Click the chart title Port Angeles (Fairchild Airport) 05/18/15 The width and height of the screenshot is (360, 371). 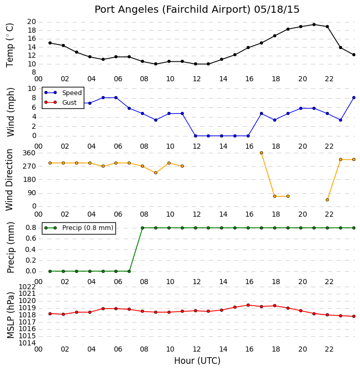[x=197, y=10]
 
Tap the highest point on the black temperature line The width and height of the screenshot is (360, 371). [x=314, y=25]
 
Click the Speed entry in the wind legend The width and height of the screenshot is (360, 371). [x=72, y=93]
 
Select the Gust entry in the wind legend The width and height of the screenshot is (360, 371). [x=69, y=102]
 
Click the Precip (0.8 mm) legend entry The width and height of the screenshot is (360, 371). [x=88, y=228]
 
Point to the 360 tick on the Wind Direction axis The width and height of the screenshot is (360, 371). [x=29, y=153]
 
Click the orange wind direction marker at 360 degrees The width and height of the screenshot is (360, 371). [x=261, y=153]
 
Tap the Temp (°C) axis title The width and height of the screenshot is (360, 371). [x=10, y=45]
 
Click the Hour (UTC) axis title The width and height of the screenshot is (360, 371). [x=197, y=361]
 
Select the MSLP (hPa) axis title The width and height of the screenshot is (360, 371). [x=11, y=315]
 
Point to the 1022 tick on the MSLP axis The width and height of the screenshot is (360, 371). [x=27, y=287]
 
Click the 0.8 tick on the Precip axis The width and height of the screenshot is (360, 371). [x=31, y=228]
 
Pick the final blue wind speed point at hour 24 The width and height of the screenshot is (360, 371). [x=354, y=98]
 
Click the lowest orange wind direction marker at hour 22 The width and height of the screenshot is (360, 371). [x=327, y=200]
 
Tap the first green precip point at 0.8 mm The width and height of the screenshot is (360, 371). [x=142, y=228]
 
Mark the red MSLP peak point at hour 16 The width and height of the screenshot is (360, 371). [x=248, y=305]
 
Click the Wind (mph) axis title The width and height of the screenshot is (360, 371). [x=11, y=112]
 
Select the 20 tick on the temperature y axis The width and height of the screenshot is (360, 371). [x=32, y=22]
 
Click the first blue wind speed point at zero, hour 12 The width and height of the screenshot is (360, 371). [x=196, y=136]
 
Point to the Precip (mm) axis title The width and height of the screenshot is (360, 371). [x=11, y=247]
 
